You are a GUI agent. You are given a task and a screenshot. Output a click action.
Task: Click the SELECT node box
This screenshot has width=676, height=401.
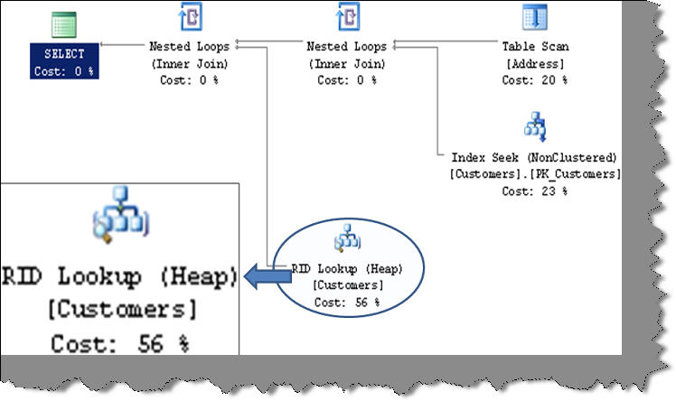click(63, 62)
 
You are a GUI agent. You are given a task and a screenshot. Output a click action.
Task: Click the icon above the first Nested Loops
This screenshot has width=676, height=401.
click(190, 17)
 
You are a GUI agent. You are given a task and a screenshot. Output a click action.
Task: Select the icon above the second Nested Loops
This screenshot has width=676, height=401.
click(347, 17)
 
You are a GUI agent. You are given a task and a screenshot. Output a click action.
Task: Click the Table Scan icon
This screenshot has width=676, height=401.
click(534, 17)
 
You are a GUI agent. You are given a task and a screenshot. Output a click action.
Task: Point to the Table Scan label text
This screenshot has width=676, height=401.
click(535, 46)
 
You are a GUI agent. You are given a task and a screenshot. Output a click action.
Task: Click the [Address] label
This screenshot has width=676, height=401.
click(535, 63)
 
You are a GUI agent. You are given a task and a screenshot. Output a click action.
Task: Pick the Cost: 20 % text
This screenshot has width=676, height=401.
click(535, 79)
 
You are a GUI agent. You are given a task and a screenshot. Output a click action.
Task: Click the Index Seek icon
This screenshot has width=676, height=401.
click(535, 126)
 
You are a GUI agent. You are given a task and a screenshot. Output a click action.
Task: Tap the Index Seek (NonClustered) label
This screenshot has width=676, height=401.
click(535, 157)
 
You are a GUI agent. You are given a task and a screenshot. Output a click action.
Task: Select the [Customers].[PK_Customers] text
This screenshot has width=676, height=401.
click(535, 173)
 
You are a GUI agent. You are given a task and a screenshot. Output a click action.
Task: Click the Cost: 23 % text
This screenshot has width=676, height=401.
click(535, 191)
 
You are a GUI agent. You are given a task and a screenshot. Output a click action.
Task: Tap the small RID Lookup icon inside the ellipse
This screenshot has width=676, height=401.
click(347, 240)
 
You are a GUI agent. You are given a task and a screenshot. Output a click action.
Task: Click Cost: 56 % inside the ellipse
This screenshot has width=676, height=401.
click(347, 302)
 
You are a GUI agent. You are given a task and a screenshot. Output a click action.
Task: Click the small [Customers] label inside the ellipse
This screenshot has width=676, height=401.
click(347, 285)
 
